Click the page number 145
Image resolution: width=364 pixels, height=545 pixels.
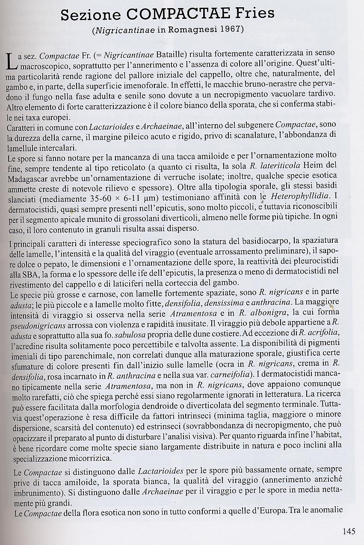coord(349,531)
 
